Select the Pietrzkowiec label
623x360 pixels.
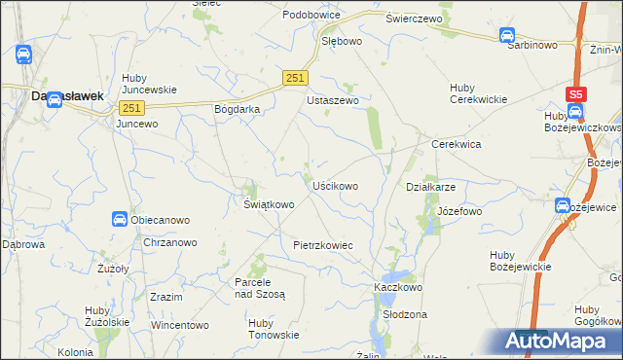point(322,246)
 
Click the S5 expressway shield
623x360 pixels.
point(577,94)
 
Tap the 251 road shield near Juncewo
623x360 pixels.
point(133,108)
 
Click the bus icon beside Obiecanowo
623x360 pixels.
point(119,220)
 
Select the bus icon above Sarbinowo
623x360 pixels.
point(507,36)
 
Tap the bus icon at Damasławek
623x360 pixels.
point(55,97)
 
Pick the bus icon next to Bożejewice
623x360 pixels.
point(562,206)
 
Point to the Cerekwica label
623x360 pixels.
point(457,143)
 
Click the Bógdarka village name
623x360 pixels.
point(237,109)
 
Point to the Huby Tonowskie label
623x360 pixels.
point(274,328)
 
